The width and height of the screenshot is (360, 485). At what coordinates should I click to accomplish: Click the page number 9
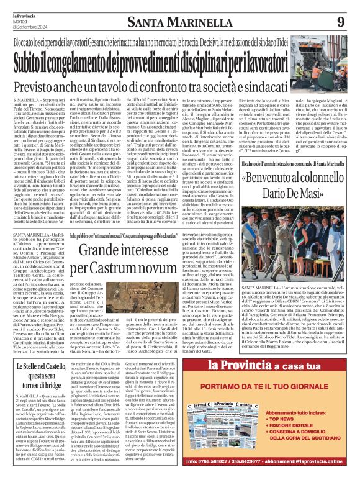point(340,22)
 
